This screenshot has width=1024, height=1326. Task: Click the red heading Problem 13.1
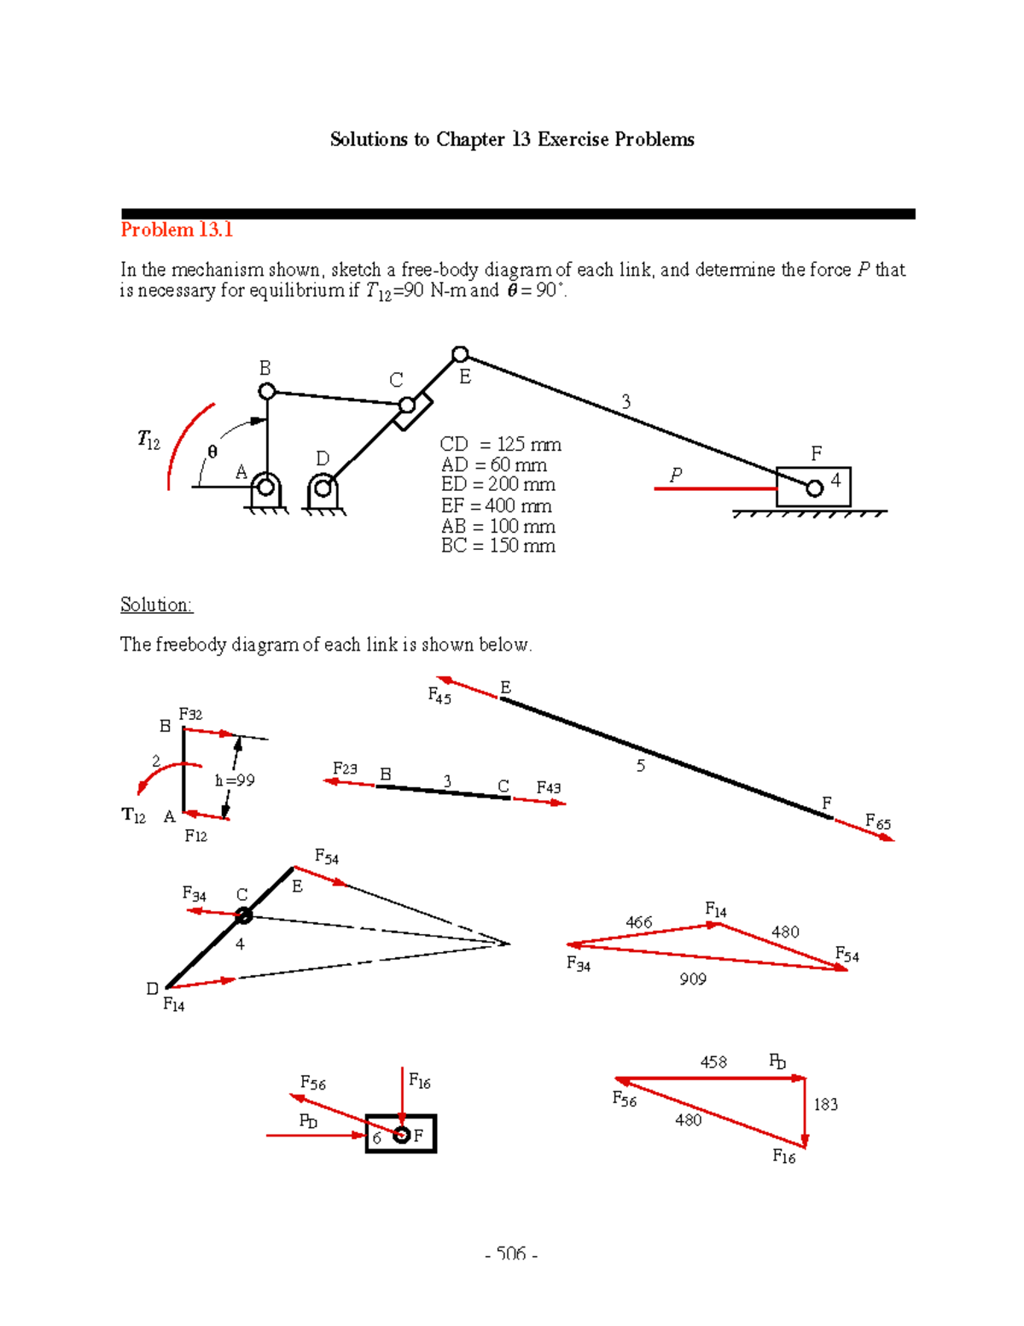click(177, 230)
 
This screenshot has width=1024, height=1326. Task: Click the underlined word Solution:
click(156, 605)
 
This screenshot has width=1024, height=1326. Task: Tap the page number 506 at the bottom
click(510, 1253)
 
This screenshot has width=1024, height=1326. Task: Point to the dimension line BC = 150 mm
click(497, 546)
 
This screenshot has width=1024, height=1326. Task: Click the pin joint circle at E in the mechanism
click(460, 354)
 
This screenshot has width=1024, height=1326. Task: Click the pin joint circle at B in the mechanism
click(267, 391)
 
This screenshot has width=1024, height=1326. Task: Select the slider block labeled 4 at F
click(813, 487)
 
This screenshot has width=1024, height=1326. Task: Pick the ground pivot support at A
click(265, 493)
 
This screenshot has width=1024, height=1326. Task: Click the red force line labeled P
click(714, 488)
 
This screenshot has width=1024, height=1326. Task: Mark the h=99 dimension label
click(235, 780)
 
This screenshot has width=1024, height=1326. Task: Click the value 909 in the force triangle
click(693, 979)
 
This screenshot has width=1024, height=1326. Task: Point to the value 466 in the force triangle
click(638, 922)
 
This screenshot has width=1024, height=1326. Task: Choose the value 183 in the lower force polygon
click(825, 1104)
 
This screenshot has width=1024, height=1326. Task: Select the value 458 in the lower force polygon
click(713, 1061)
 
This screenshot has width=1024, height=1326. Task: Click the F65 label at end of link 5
click(877, 823)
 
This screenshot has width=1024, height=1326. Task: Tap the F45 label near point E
click(439, 697)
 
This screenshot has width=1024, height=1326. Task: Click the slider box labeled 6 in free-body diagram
click(401, 1134)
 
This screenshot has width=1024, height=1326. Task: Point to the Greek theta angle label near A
click(212, 452)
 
